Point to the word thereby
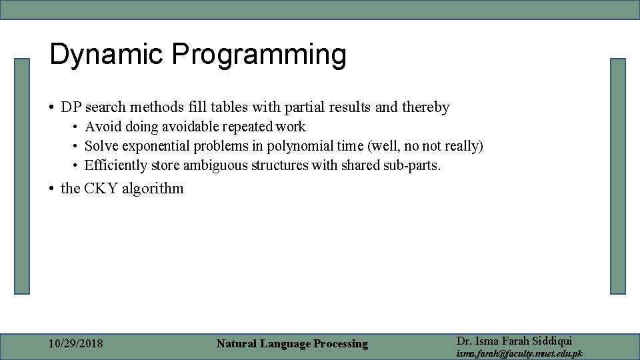click(x=424, y=107)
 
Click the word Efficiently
click(x=115, y=165)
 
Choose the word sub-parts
click(x=413, y=165)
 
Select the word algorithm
click(x=153, y=189)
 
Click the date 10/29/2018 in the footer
click(x=76, y=344)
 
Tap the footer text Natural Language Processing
click(x=292, y=344)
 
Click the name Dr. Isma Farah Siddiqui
click(x=514, y=341)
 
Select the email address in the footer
click(x=519, y=353)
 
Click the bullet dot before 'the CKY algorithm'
click(x=52, y=189)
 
